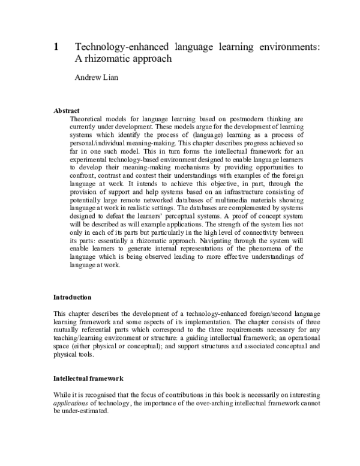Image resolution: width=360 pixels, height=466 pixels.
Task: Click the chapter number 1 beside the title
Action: coord(56,47)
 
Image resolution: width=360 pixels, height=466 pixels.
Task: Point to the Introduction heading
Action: coord(73,297)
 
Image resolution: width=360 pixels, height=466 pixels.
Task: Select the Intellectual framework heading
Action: coord(88,379)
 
